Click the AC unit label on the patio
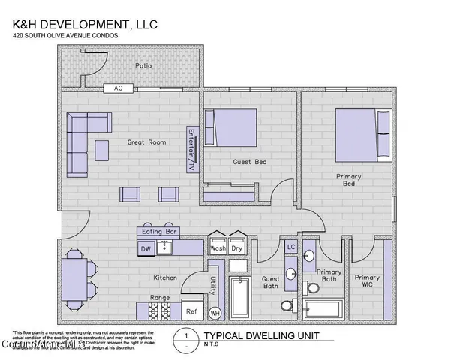[x=119, y=88]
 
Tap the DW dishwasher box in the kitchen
[x=146, y=248]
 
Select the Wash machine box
[x=218, y=247]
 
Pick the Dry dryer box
[x=237, y=247]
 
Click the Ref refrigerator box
[x=191, y=310]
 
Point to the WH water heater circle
[x=214, y=313]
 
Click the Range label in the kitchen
[x=160, y=298]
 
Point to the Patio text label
[x=143, y=65]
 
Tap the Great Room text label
[x=146, y=142]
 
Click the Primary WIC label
[x=367, y=281]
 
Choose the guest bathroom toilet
[x=287, y=306]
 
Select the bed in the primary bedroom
[x=362, y=133]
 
